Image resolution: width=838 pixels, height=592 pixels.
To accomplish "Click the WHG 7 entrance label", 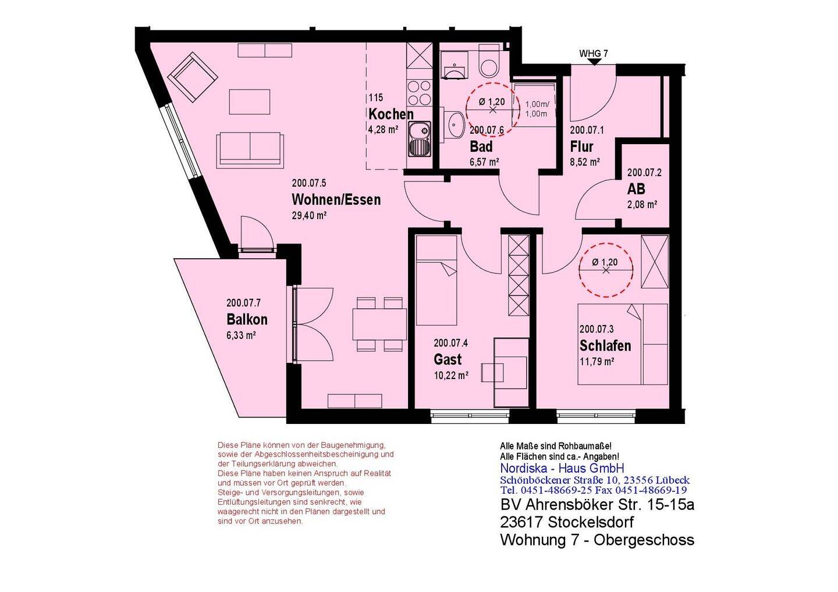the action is pos(594,54).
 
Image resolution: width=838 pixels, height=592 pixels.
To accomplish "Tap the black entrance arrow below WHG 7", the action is pos(594,62).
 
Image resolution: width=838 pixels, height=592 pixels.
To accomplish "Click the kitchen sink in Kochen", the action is pos(420,139).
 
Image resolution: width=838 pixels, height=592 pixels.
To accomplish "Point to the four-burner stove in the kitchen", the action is pos(420,92).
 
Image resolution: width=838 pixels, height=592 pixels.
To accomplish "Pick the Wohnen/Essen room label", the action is pos(336,199).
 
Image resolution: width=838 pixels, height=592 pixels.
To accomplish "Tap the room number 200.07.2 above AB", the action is pos(644,172).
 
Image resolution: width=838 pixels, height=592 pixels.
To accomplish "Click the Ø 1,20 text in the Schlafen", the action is pos(605,262).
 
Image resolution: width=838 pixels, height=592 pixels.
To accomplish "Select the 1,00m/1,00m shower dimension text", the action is pos(537,109).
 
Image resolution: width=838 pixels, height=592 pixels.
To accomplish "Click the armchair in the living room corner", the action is pos(193,77).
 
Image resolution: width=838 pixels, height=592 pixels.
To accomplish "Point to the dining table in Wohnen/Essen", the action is pos(379,324).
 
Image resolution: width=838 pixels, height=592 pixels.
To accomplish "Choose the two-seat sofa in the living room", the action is pos(250,148).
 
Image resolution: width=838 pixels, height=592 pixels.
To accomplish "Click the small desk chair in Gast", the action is pos(492,372).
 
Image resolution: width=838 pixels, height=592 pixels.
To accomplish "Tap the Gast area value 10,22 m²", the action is pos(451,375).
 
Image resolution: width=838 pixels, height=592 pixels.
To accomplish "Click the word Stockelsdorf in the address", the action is pos(591,522).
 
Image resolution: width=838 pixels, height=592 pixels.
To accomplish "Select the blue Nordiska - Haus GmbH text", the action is pos(562,468).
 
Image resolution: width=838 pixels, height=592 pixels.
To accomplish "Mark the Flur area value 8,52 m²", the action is pos(585,162).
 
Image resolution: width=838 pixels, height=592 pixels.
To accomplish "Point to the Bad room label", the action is pos(481,147).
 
